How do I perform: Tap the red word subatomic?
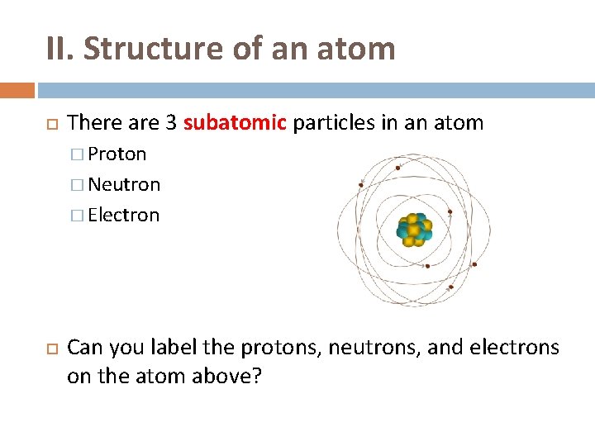coord(234,123)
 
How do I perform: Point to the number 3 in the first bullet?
coord(170,123)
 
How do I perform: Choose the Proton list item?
coord(117,154)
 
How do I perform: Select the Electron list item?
coord(123,215)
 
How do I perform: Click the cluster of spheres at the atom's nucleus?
coord(413,230)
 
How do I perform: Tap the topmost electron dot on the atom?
coord(398,168)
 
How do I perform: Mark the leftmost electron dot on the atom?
coord(361,184)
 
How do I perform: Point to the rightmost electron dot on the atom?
coord(474,264)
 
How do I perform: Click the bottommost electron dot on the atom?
coord(450,287)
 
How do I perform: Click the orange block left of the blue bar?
coord(17,90)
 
